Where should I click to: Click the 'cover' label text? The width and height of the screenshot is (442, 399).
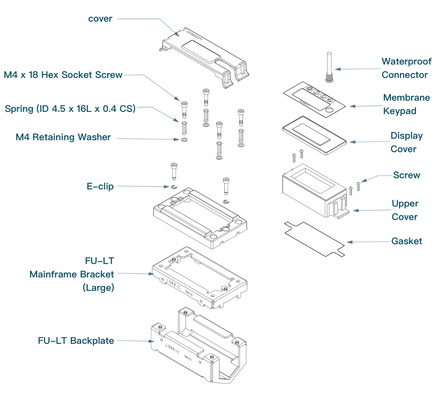coord(100,19)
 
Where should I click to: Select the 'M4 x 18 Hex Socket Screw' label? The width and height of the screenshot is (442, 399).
coord(63,75)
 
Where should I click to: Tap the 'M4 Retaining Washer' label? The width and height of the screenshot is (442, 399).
coord(63,137)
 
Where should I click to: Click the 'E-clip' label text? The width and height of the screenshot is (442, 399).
coord(100,186)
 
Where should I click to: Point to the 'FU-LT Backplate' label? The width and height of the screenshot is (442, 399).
coord(76,341)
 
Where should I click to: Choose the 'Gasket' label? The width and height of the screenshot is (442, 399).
coord(407,241)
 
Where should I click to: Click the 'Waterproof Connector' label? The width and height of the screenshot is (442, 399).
coord(406,68)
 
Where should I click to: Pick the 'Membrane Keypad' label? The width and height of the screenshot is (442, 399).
coord(406,104)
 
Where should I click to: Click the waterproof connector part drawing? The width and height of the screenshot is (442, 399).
coord(329,67)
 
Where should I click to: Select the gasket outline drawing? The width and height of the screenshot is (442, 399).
coord(314,239)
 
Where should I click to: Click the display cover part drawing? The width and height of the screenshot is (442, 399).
coord(314,135)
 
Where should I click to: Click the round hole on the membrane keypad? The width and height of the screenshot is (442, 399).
coord(329,110)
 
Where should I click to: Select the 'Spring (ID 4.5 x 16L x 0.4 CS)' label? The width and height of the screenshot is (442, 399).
coord(70,109)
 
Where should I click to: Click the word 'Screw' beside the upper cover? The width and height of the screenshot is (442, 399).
coord(407,175)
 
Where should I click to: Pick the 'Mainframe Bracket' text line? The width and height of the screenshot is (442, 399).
coord(72,274)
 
